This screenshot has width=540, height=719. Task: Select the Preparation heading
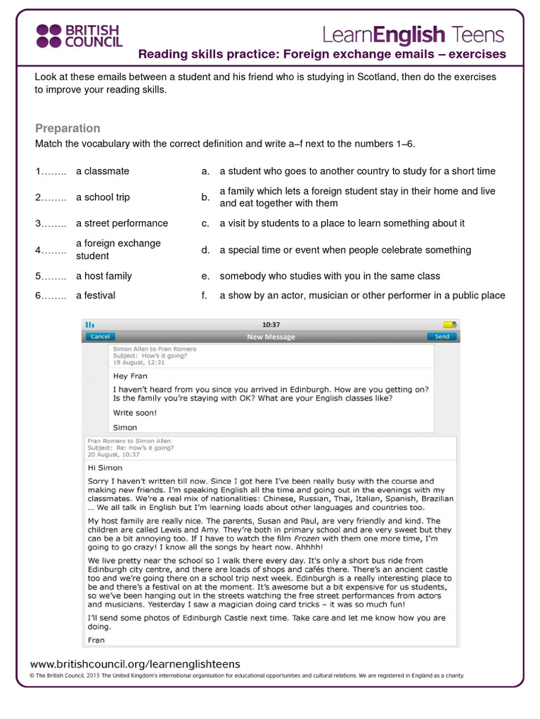pyautogui.click(x=67, y=128)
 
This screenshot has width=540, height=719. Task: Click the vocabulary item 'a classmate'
pyautogui.click(x=103, y=171)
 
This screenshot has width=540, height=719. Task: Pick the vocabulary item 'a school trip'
pyautogui.click(x=103, y=197)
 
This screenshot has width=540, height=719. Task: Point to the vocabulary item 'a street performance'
pyautogui.click(x=122, y=223)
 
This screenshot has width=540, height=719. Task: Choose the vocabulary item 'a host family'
pyautogui.click(x=103, y=276)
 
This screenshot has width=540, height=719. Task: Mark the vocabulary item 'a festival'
pyautogui.click(x=96, y=296)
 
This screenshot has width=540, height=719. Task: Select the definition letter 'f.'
pyautogui.click(x=205, y=296)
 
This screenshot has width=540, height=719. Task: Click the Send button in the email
pyautogui.click(x=442, y=336)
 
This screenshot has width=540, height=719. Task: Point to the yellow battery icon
pyautogui.click(x=449, y=324)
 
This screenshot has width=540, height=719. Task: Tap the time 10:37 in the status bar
pyautogui.click(x=271, y=325)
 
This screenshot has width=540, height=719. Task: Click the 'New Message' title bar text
pyautogui.click(x=271, y=337)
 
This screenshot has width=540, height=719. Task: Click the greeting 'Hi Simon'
pyautogui.click(x=105, y=468)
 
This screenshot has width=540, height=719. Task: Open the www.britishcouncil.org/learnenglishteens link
pyautogui.click(x=135, y=664)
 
